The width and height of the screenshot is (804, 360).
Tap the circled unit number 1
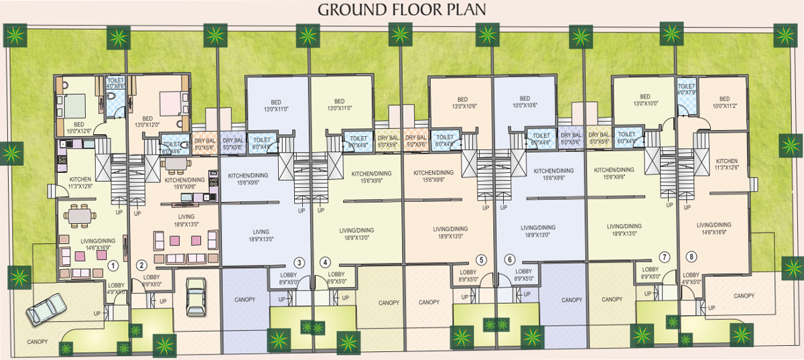(x=115, y=265)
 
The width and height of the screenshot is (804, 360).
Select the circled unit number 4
(x=326, y=262)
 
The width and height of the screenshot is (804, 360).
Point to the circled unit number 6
(x=510, y=259)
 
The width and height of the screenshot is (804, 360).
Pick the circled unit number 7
(x=664, y=257)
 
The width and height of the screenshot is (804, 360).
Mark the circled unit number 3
(x=299, y=262)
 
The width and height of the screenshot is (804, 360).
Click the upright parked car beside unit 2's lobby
(x=195, y=296)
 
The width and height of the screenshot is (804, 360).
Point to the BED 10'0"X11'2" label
(x=724, y=103)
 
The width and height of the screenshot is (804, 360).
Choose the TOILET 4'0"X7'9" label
(x=686, y=89)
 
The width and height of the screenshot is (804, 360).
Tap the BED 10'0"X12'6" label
(x=78, y=127)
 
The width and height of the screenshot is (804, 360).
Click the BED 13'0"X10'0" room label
(x=645, y=100)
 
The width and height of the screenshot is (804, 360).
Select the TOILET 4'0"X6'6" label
(x=117, y=82)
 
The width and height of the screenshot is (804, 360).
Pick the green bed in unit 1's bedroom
(x=73, y=104)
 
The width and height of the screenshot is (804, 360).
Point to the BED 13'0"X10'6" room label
(x=463, y=103)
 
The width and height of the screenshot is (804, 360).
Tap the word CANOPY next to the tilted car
(x=38, y=342)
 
